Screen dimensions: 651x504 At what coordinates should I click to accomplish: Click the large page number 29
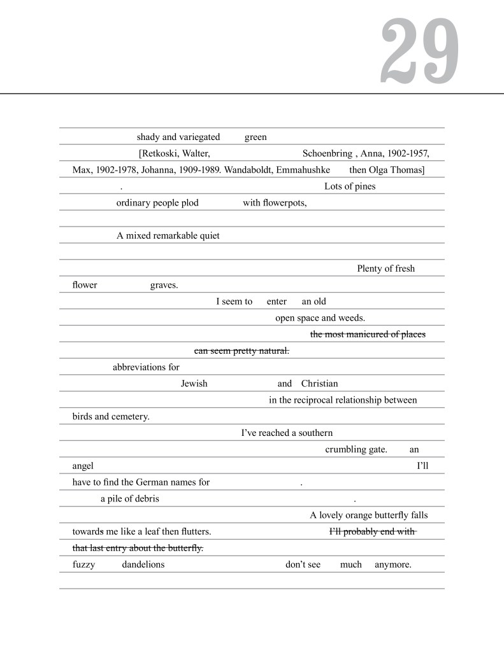pyautogui.click(x=421, y=51)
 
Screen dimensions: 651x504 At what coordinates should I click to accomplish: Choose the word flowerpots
pyautogui.click(x=284, y=203)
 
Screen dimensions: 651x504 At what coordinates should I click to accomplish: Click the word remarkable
pyautogui.click(x=176, y=236)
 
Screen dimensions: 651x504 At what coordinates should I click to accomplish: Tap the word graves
pyautogui.click(x=164, y=285)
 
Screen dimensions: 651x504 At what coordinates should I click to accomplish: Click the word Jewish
pyautogui.click(x=194, y=384)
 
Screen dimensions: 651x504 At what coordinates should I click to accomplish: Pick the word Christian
pyautogui.click(x=319, y=384)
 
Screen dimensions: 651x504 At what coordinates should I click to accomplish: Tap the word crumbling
pyautogui.click(x=346, y=449)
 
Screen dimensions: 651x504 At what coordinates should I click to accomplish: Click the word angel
pyautogui.click(x=83, y=466)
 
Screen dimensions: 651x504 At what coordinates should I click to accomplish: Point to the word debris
pyautogui.click(x=146, y=499)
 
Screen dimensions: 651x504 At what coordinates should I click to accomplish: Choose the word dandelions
pyautogui.click(x=143, y=564)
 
